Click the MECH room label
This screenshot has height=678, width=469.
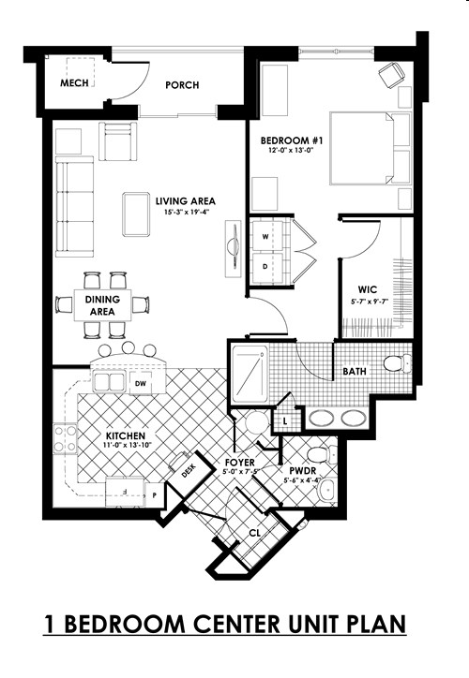click(74, 83)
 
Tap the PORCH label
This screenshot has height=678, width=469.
click(181, 85)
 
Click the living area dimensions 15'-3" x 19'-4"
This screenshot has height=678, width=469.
click(186, 212)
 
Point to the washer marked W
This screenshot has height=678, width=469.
click(265, 238)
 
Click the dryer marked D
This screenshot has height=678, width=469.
click(265, 266)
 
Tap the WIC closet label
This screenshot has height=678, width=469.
click(367, 288)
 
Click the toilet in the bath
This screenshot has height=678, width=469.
click(395, 362)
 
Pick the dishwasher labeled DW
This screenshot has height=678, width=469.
click(140, 383)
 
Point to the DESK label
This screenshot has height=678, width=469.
click(188, 474)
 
